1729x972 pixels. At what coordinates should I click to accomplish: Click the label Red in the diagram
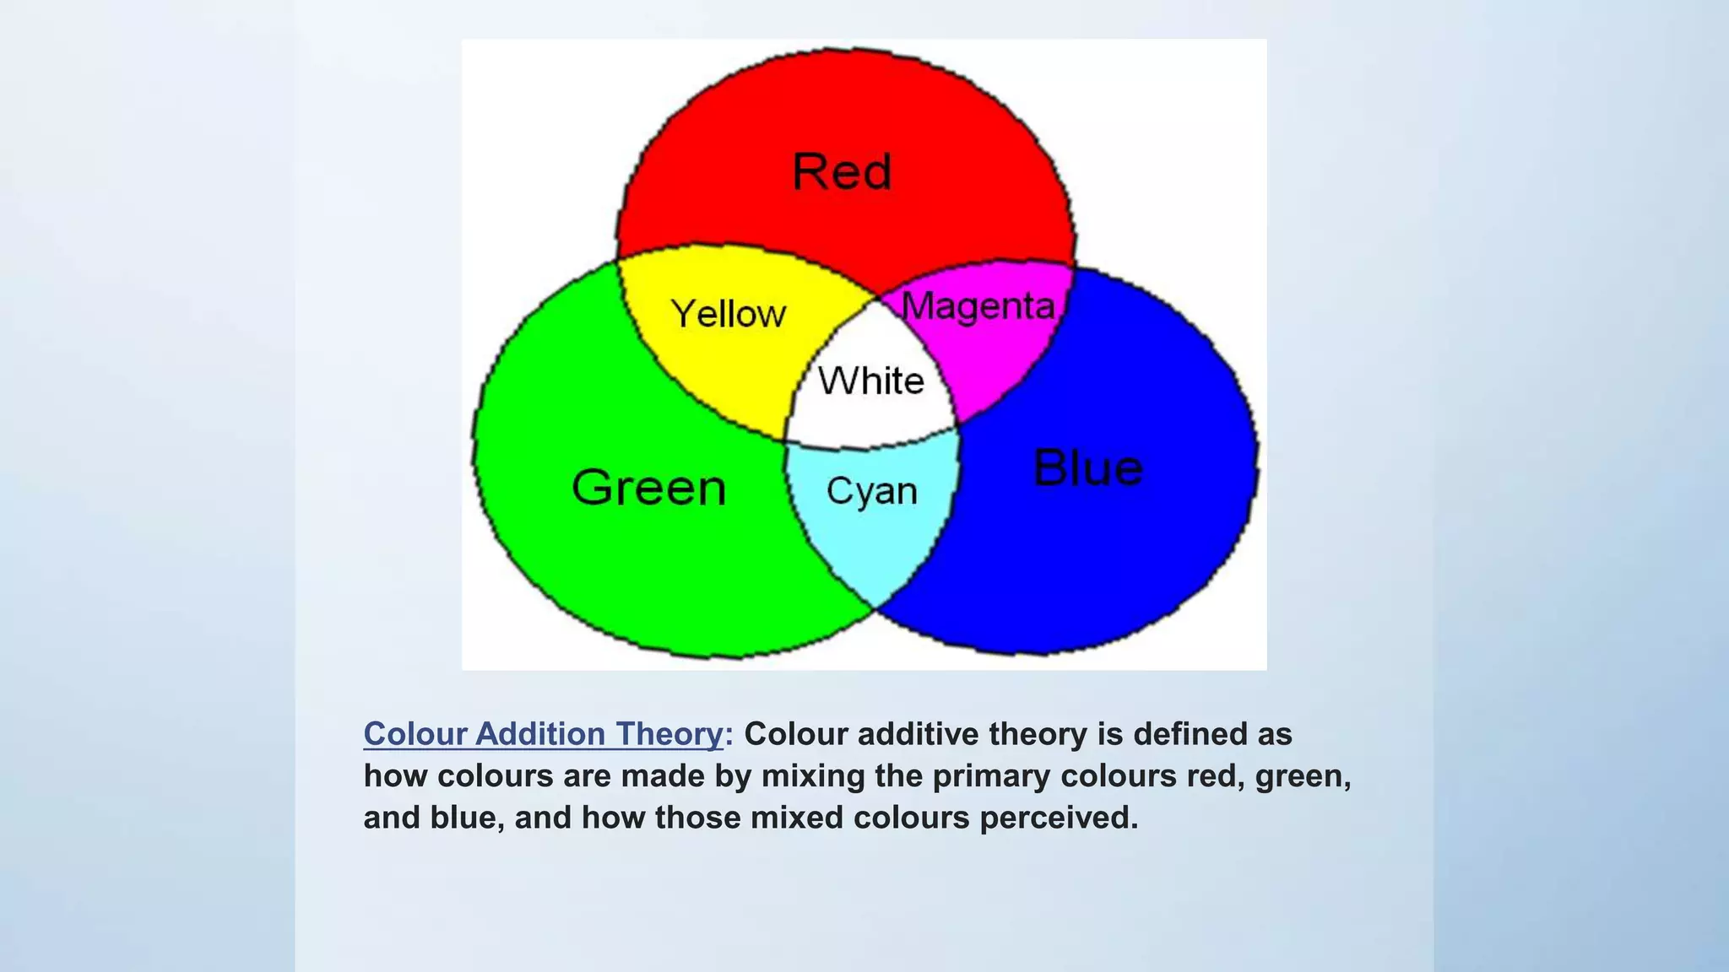click(x=842, y=172)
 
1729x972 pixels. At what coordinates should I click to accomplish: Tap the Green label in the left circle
click(x=648, y=488)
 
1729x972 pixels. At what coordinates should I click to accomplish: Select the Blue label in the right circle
click(x=1088, y=468)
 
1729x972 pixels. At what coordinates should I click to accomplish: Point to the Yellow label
click(x=729, y=314)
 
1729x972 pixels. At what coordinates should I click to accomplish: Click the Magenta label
click(x=978, y=306)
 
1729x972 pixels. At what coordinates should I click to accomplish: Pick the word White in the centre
click(x=871, y=381)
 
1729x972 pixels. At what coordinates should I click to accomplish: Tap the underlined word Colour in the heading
click(x=415, y=734)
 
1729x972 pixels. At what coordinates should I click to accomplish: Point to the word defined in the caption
click(x=1190, y=734)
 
